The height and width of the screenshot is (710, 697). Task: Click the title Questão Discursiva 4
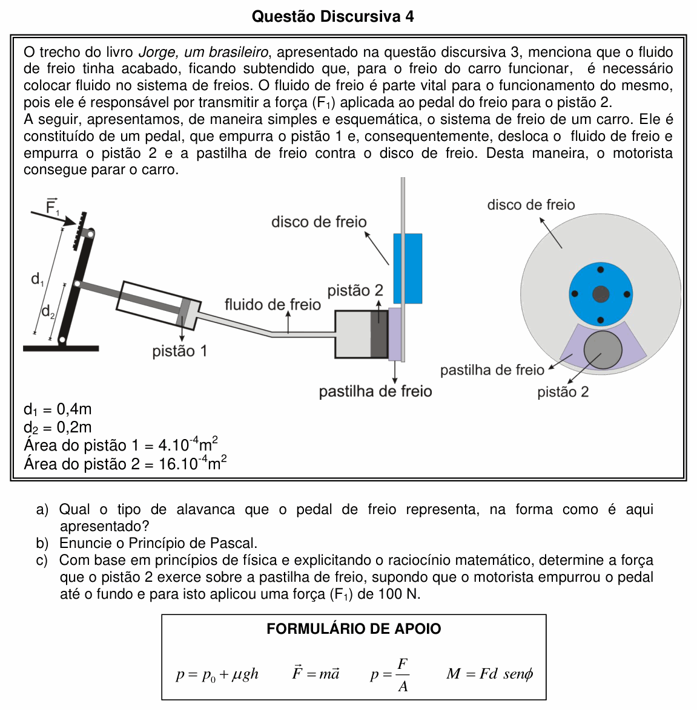[x=332, y=16]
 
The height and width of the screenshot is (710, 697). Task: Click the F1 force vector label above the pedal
[x=52, y=206]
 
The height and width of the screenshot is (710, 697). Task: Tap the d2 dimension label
[x=48, y=311]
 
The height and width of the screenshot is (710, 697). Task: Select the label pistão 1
[x=180, y=351]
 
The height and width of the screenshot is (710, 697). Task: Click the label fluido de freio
[x=273, y=304]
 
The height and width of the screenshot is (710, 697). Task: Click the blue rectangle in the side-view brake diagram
[x=408, y=269]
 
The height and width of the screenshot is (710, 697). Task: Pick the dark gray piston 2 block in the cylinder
[x=379, y=334]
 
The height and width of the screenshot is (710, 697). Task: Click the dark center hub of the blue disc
[x=600, y=295]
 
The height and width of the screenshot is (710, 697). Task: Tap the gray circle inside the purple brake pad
[x=603, y=350]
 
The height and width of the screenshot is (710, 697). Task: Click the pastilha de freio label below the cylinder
[x=375, y=391]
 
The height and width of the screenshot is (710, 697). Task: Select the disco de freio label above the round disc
[x=531, y=204]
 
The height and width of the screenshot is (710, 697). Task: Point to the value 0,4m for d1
[x=74, y=409]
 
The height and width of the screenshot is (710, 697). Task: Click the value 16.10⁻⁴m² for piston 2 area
[x=193, y=463]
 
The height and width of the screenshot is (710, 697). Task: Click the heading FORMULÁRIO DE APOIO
[x=354, y=628]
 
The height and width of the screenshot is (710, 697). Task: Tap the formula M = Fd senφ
[x=490, y=674]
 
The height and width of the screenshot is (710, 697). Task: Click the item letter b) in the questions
[x=42, y=543]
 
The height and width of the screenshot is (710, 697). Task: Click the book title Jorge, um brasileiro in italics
[x=203, y=52]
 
